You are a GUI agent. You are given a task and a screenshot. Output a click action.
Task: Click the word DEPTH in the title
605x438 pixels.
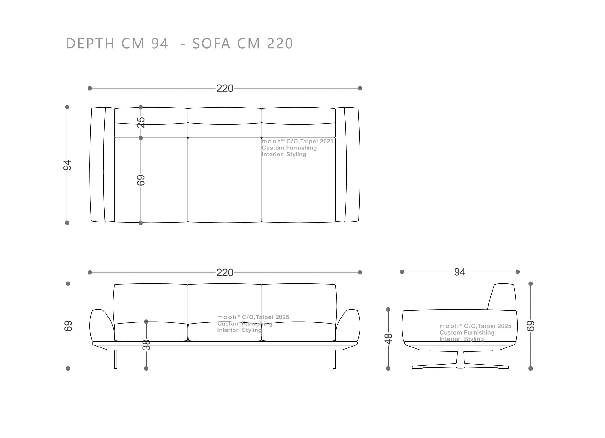pyautogui.click(x=90, y=44)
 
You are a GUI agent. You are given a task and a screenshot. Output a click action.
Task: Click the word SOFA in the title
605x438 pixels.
pyautogui.click(x=211, y=44)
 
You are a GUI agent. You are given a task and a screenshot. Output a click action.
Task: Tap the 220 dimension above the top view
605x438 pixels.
pyautogui.click(x=225, y=88)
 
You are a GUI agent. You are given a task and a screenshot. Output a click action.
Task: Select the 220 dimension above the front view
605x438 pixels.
pyautogui.click(x=225, y=272)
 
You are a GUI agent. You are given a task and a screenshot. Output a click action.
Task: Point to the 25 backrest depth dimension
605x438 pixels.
pyautogui.click(x=141, y=122)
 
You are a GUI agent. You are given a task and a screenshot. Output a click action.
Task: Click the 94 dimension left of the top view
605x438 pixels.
pyautogui.click(x=67, y=165)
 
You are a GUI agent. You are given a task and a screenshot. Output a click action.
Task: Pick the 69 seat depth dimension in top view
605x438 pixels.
pyautogui.click(x=141, y=180)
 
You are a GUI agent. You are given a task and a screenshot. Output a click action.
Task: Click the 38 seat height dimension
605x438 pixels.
pyautogui.click(x=147, y=345)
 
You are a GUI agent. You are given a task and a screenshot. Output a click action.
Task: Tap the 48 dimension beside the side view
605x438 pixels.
pyautogui.click(x=389, y=339)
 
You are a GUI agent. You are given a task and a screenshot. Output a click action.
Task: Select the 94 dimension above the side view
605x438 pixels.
pyautogui.click(x=460, y=272)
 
